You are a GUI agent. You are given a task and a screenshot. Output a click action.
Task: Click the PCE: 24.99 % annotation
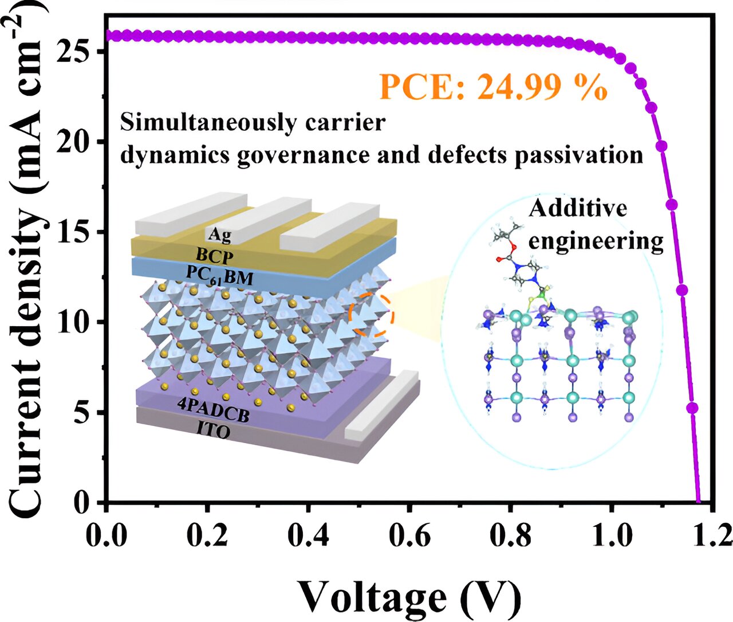pos(492,88)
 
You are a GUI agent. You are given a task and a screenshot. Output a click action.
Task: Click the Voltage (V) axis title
pos(409,596)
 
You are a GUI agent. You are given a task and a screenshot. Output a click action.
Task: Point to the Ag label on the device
pos(219,234)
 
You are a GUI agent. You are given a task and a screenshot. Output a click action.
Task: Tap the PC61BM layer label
pos(219,278)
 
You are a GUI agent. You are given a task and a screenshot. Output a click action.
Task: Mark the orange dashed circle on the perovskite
pos(371,315)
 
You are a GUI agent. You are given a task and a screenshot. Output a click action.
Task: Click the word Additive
pos(577,208)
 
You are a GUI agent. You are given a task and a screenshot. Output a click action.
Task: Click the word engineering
pos(596,241)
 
